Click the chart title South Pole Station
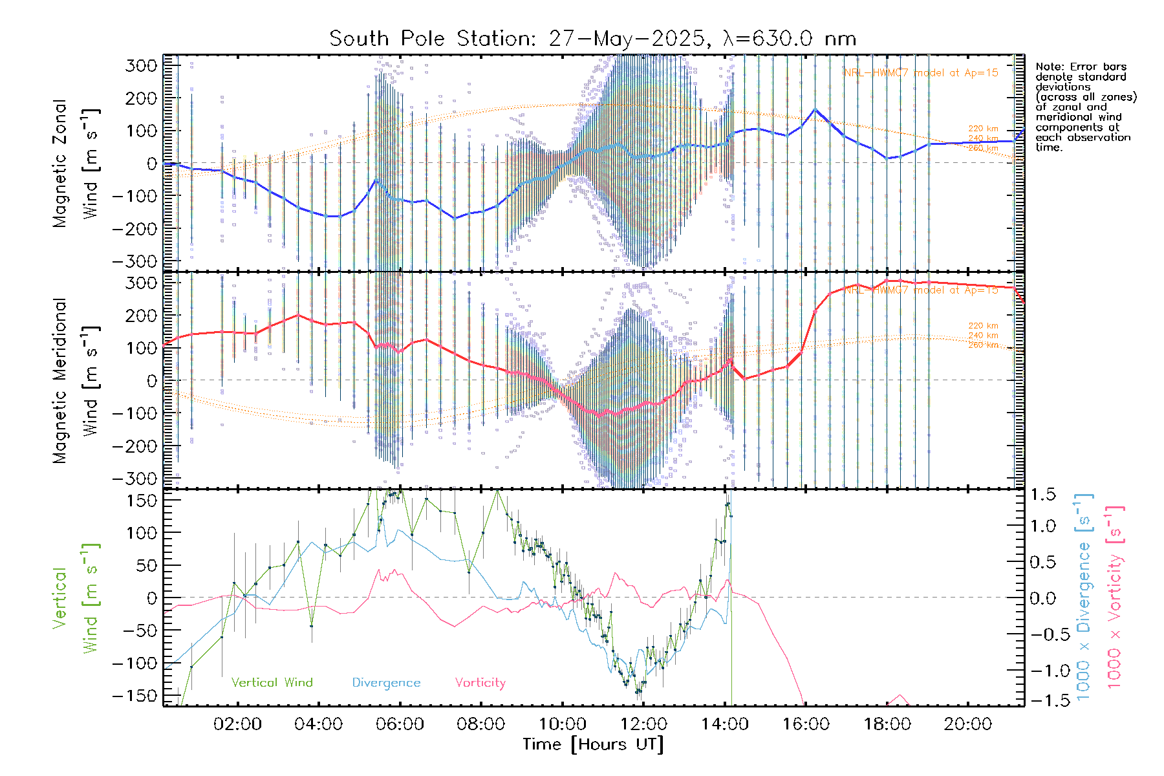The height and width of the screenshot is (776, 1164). point(592,39)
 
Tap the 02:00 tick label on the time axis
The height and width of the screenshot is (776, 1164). point(237,724)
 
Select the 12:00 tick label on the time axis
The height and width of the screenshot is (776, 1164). point(643,724)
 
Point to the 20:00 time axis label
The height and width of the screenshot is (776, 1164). point(967,724)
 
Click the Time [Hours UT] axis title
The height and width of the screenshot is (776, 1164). point(593,744)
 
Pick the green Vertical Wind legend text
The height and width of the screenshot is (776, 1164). point(272,682)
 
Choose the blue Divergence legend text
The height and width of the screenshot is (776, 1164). point(386,682)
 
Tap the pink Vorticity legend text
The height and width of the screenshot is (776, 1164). point(480,682)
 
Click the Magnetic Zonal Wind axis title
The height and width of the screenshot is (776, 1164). point(74,163)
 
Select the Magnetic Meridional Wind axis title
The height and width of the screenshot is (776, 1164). point(74,380)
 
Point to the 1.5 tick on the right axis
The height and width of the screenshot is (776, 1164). point(1043,495)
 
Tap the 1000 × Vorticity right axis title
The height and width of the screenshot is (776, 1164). point(1114,597)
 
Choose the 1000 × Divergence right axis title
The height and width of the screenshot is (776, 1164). point(1083,597)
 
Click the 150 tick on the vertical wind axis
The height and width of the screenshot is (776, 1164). point(142,500)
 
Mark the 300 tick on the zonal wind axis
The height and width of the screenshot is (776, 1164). point(142,65)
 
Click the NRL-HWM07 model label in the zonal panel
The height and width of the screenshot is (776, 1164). point(921,72)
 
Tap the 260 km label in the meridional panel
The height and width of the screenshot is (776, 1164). point(983,345)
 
